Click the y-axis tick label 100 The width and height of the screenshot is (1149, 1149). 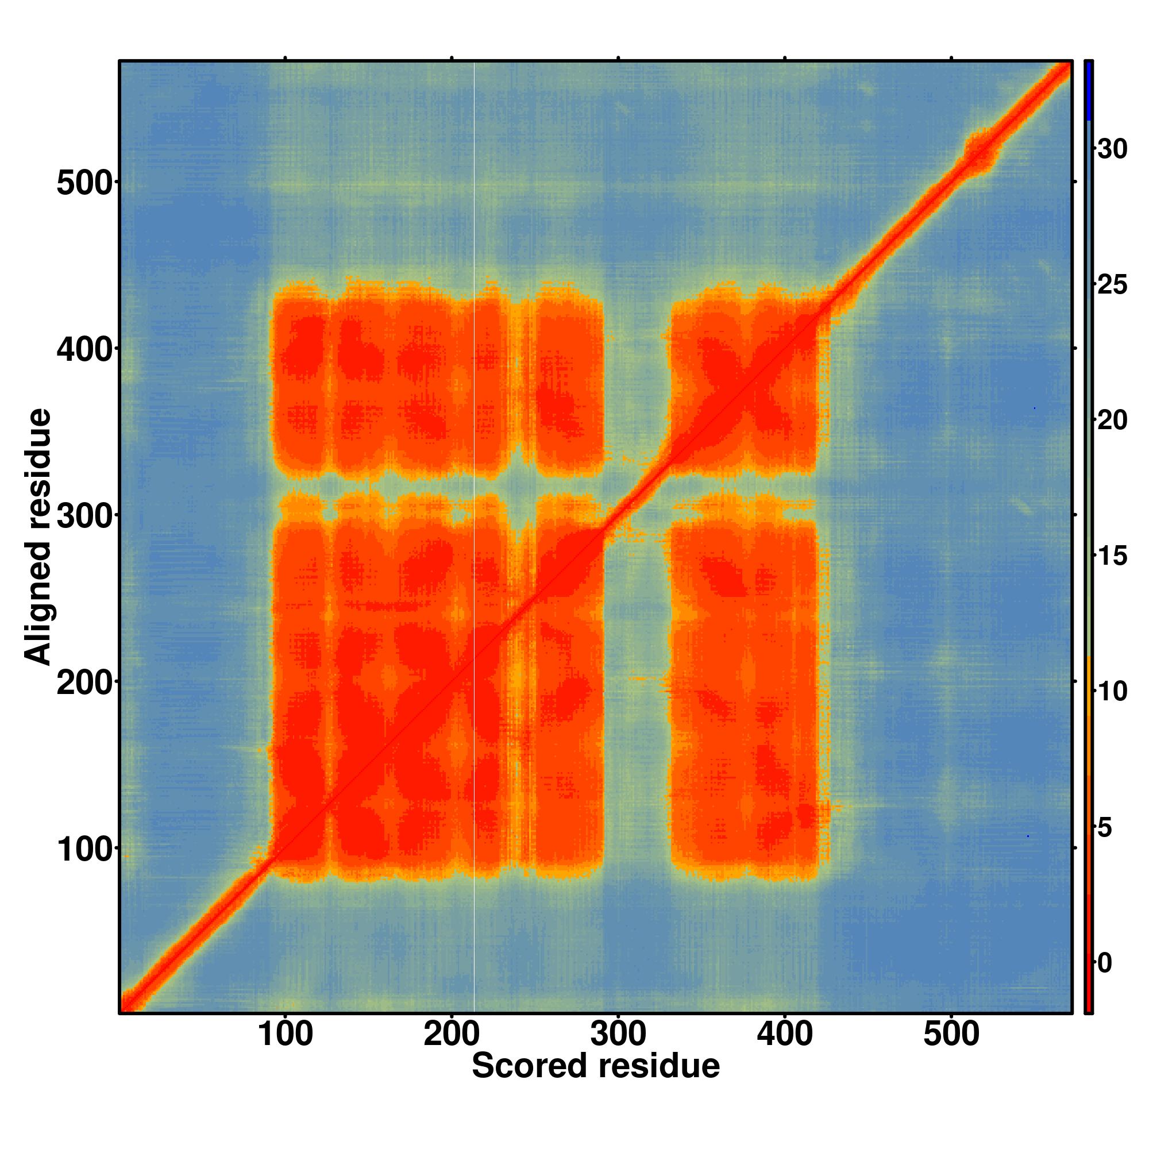point(84,850)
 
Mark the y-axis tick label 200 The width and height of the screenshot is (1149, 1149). point(84,684)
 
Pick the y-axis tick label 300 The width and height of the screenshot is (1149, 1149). point(84,517)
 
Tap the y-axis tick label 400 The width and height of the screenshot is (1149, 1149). point(84,350)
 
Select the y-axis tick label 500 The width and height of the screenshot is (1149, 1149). point(84,183)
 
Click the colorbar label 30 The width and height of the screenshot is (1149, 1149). point(1112,149)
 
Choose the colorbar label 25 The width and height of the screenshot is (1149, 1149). point(1112,285)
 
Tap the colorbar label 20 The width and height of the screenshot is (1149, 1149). point(1112,421)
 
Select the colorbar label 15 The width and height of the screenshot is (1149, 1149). point(1112,556)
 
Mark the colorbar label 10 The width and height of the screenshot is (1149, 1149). point(1112,692)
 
